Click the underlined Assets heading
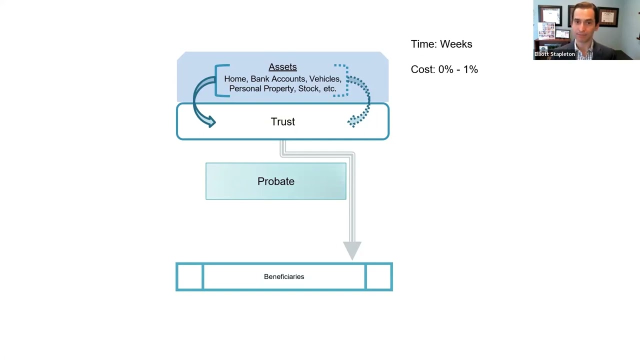(282, 67)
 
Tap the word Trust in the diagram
(282, 121)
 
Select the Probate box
(275, 181)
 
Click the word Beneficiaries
(284, 276)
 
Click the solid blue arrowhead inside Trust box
(211, 121)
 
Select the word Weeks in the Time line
(456, 44)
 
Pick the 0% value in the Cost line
(446, 69)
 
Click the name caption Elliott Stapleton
(554, 54)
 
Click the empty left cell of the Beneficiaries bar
(189, 276)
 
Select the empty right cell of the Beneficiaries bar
(378, 276)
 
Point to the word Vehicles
(325, 79)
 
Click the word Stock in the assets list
(309, 88)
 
